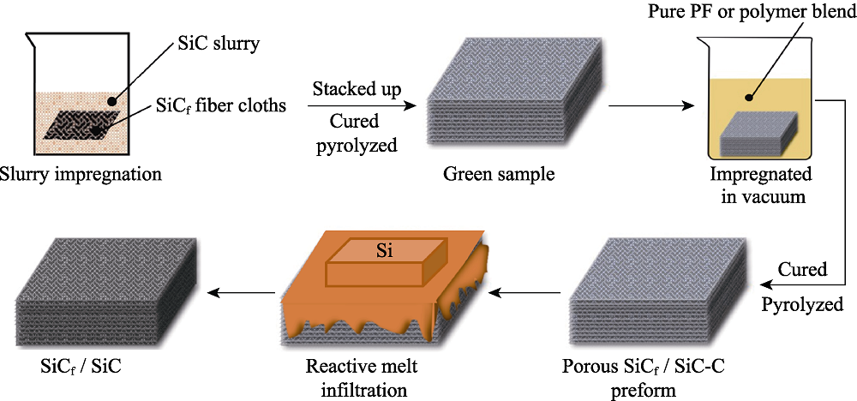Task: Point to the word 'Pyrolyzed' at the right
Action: (803, 303)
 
